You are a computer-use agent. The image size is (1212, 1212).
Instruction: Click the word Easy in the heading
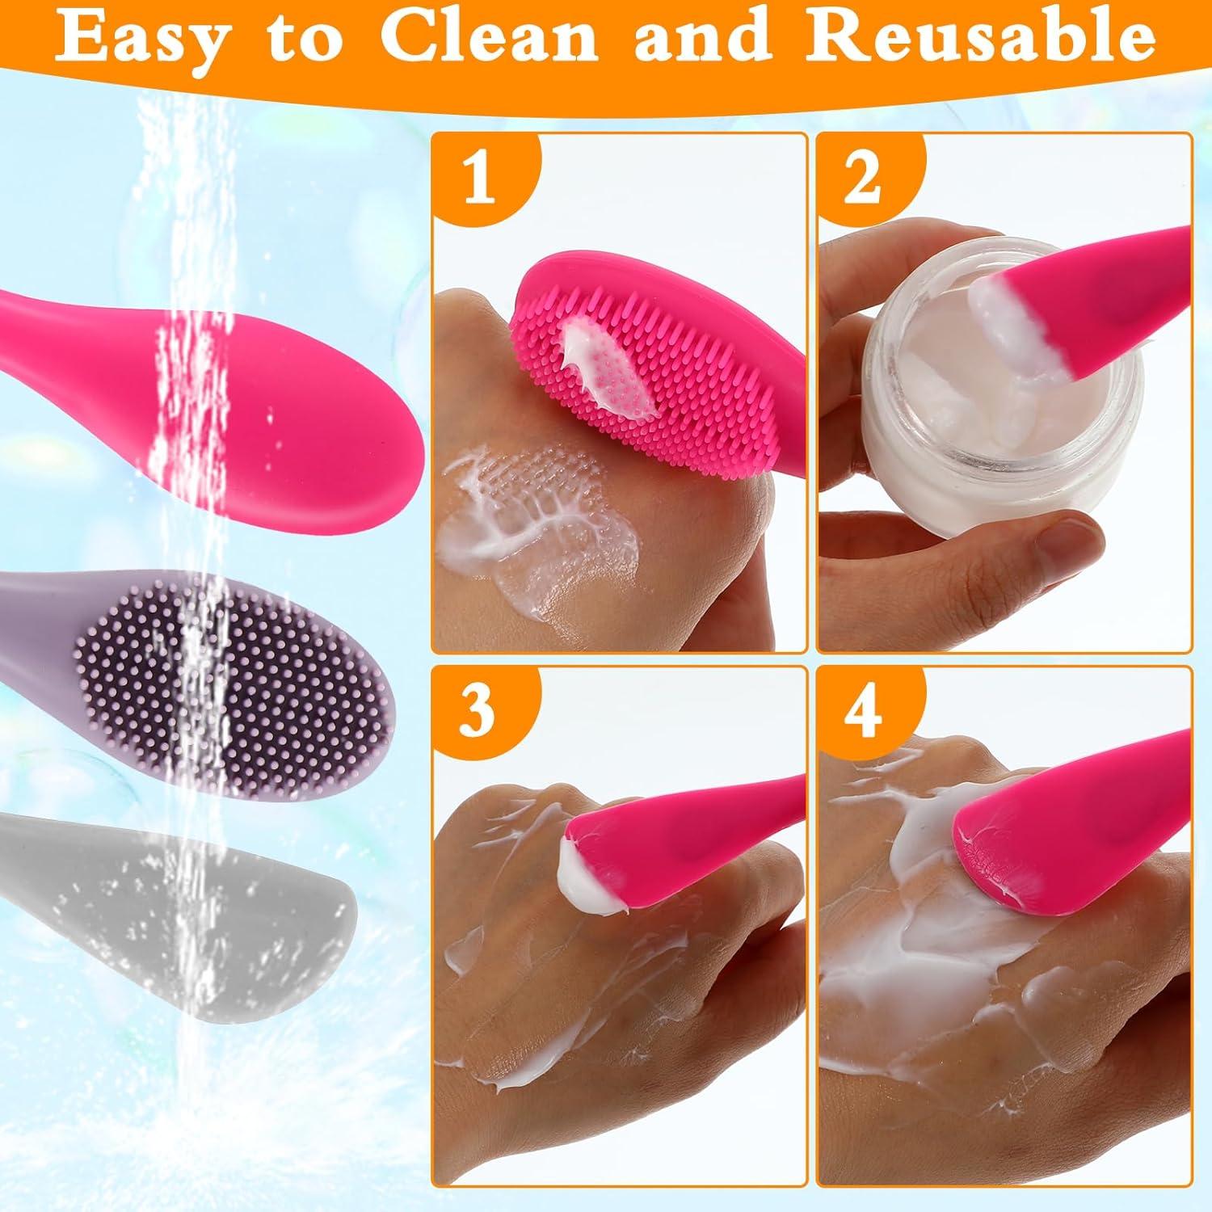pos(141,39)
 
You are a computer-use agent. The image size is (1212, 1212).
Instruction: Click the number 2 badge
pos(862,179)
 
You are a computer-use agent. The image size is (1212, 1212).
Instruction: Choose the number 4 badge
pos(862,711)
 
